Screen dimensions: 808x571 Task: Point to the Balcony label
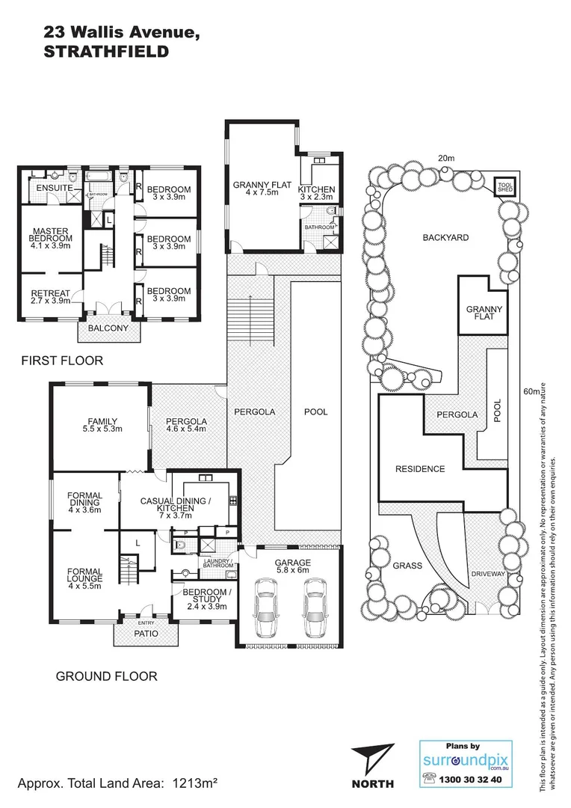click(x=108, y=328)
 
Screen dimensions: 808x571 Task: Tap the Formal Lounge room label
click(x=84, y=577)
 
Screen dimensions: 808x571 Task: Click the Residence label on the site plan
click(x=420, y=469)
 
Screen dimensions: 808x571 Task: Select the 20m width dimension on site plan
click(x=446, y=158)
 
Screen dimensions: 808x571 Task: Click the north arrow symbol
click(x=372, y=759)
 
